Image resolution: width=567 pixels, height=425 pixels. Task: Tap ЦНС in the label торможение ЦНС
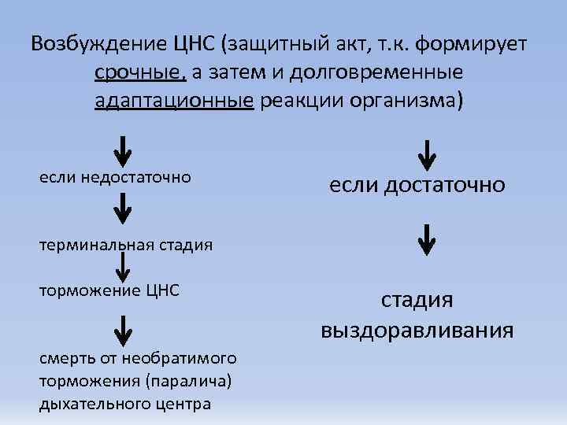coord(162,290)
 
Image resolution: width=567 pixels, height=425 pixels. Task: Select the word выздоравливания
coord(417,330)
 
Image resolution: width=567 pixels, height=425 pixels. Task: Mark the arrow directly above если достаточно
coord(426,156)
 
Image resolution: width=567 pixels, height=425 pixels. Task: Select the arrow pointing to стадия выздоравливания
coord(426,239)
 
